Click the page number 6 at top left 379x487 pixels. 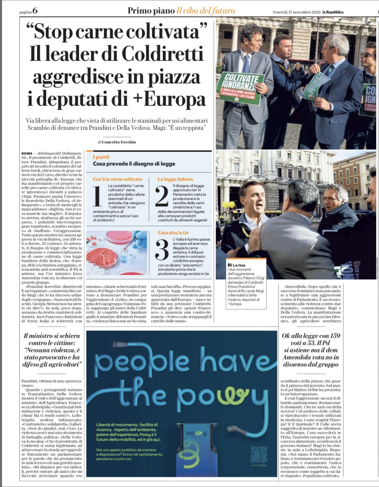(35, 11)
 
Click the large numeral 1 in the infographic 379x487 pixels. (97, 196)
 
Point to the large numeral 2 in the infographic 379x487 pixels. (162, 196)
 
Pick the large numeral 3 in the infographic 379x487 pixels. (162, 250)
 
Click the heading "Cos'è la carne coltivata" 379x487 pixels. (118, 179)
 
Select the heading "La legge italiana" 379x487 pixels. (175, 179)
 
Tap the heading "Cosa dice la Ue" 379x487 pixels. (173, 233)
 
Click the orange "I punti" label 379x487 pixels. (101, 157)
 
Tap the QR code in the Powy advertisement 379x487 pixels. (259, 454)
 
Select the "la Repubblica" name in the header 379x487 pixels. (332, 12)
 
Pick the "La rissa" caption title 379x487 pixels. (238, 265)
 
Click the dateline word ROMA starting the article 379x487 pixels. (27, 153)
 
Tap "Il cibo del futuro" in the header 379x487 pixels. (206, 11)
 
